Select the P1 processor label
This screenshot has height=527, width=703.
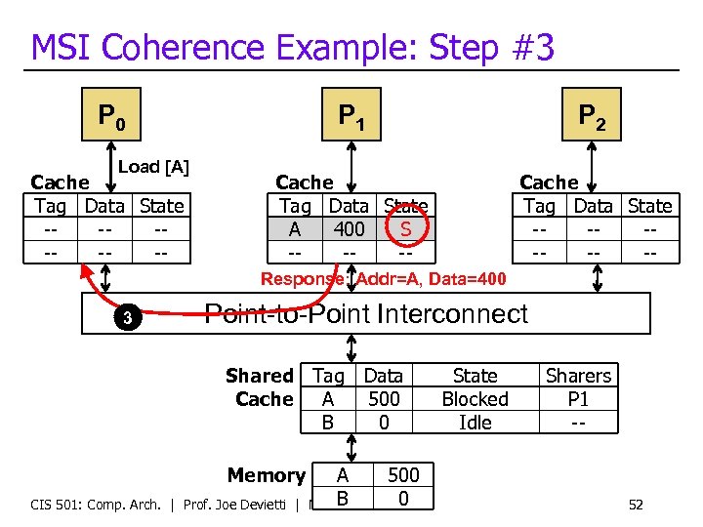coord(351,118)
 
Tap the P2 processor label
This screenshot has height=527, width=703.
coord(592,118)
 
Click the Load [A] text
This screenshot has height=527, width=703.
coord(153,167)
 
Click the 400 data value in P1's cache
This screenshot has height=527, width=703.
coord(349,229)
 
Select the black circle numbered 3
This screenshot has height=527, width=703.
coord(127,317)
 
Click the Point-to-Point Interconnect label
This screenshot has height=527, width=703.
coord(366,313)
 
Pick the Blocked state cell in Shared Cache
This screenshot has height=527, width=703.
coord(475,399)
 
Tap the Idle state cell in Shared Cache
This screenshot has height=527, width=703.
coord(475,423)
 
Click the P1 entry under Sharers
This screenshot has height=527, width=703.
coord(578,399)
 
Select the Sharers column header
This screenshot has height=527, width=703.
coord(578,376)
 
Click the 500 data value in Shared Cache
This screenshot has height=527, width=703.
coord(384,399)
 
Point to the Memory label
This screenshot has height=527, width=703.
coord(266,475)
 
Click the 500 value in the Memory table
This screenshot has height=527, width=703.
coord(403,475)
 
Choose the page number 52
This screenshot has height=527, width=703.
coord(636,505)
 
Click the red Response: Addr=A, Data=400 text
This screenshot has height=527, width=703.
coord(383,279)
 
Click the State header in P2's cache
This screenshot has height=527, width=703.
coord(649,206)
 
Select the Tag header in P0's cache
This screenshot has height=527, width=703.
coord(50,206)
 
